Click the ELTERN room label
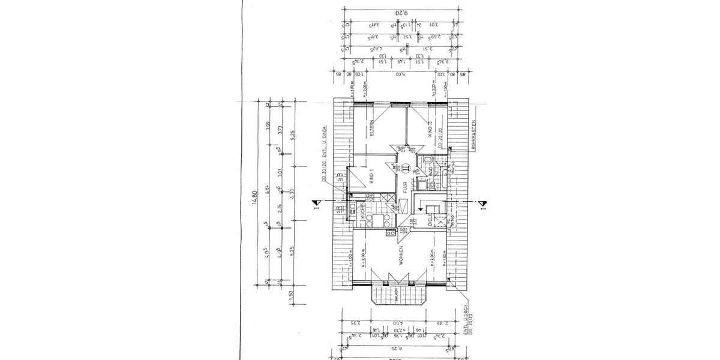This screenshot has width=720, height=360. click(372, 130)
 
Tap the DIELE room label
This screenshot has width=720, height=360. click(430, 218)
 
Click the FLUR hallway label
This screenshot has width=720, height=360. click(406, 187)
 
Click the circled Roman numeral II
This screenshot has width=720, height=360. click(406, 169)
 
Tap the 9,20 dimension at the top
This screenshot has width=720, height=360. click(400, 12)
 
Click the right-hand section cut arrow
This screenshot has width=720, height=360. click(481, 205)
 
